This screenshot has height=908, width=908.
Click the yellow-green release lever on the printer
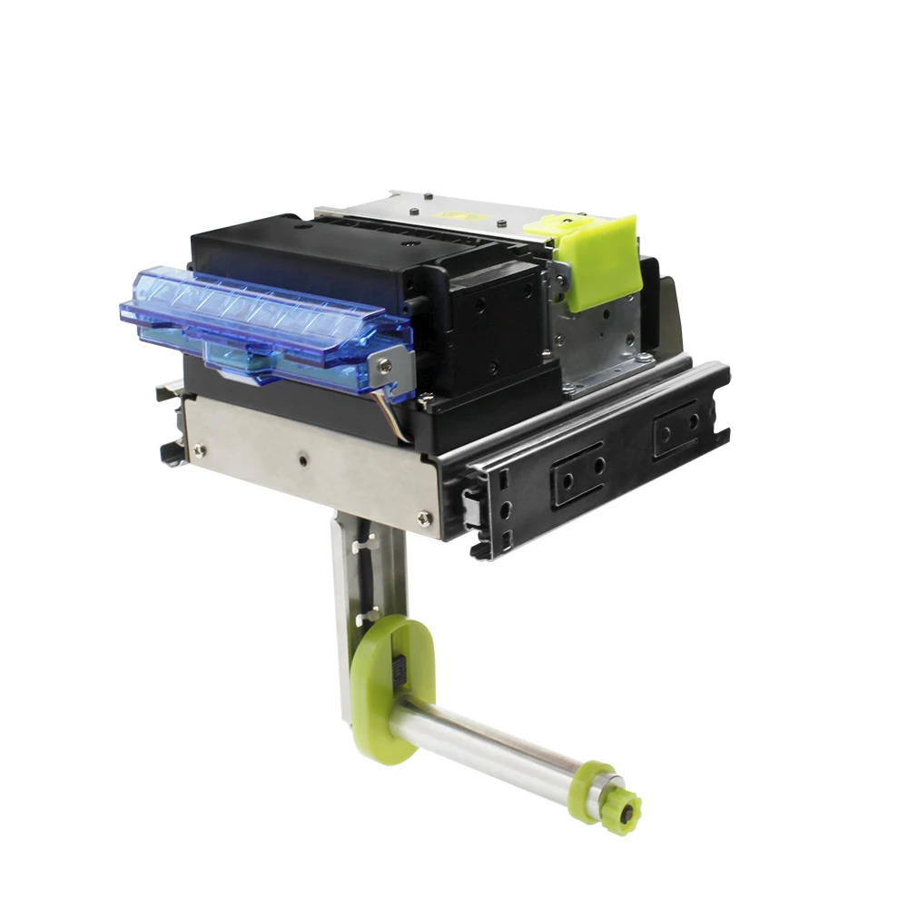click(x=599, y=259)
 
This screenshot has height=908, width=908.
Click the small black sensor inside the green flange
click(x=396, y=672)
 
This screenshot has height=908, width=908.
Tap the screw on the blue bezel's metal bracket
click(x=386, y=366)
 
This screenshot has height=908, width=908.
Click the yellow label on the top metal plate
click(x=454, y=215)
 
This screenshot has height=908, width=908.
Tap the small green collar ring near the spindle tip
click(x=596, y=782)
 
